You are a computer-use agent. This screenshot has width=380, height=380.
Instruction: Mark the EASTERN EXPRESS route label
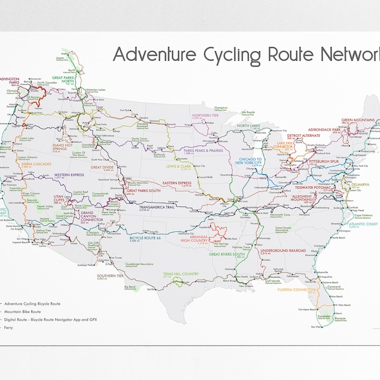click(x=177, y=184)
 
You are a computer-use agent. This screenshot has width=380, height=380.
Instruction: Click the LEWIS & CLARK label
click(x=177, y=167)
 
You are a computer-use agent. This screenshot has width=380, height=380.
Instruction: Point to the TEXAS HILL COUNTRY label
click(x=181, y=274)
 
